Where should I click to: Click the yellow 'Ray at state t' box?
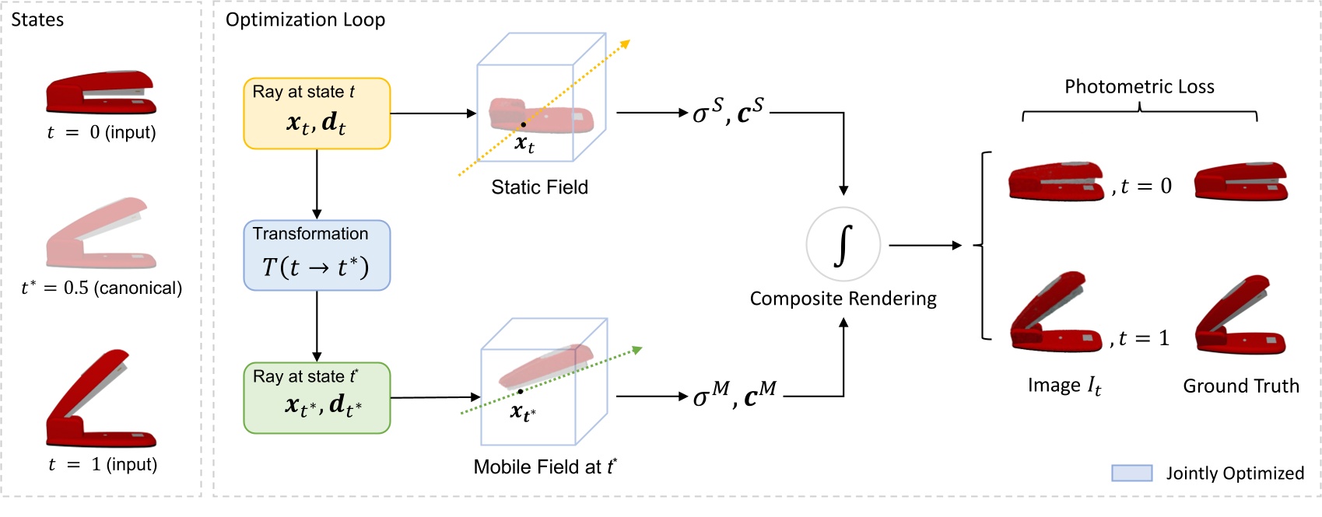click(317, 114)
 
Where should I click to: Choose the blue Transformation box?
click(317, 256)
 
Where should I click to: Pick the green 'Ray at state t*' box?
click(317, 398)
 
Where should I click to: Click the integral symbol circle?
click(843, 245)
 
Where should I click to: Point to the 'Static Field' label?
click(539, 187)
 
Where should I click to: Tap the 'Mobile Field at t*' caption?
click(545, 467)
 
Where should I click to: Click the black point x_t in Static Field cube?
click(523, 124)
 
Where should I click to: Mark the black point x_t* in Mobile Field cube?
click(520, 391)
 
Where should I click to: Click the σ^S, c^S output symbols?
click(728, 112)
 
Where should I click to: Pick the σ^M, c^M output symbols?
click(735, 396)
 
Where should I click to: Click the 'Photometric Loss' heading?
click(1139, 87)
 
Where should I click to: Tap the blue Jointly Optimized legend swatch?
click(1131, 473)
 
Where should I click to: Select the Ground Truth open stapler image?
click(1240, 316)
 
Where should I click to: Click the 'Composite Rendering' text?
click(843, 299)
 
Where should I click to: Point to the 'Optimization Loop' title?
click(305, 20)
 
